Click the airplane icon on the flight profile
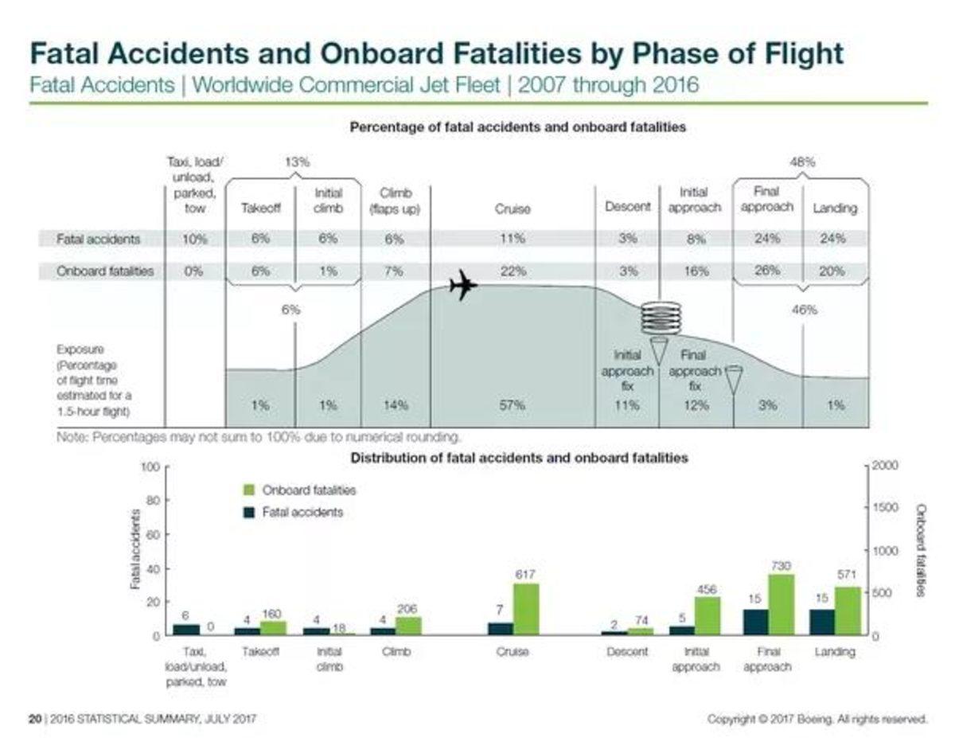pos(462,285)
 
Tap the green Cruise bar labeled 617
pos(525,609)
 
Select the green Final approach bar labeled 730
pos(781,604)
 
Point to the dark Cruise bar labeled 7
pos(501,628)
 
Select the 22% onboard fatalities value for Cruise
pos(513,271)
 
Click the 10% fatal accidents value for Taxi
pos(194,238)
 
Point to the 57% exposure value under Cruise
pos(512,405)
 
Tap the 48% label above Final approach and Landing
pos(801,162)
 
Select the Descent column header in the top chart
pos(628,207)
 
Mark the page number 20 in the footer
pos(34,719)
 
